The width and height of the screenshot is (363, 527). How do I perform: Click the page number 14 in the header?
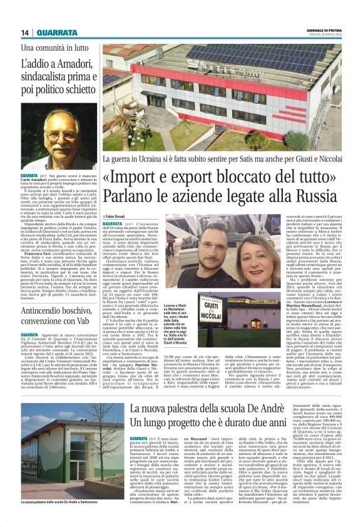(x=26, y=33)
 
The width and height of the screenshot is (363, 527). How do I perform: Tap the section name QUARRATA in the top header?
(x=57, y=33)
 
